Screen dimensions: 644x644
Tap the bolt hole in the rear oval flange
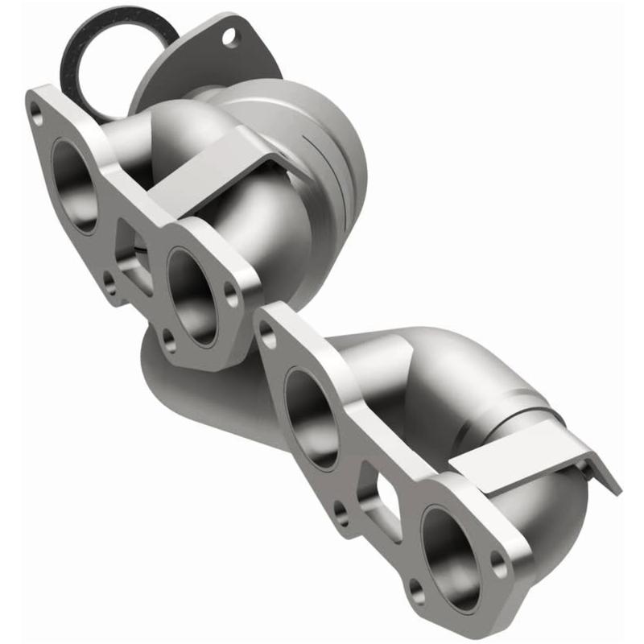click(x=233, y=35)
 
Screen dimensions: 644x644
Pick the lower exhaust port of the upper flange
click(x=193, y=295)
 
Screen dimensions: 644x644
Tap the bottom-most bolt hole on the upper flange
click(x=170, y=343)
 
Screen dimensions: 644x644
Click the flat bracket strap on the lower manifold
click(x=515, y=459)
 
